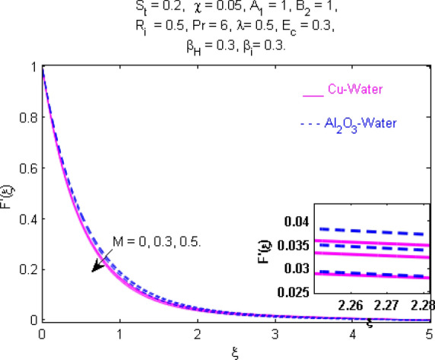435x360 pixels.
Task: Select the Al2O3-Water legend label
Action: click(359, 121)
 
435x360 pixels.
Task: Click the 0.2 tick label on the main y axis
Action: click(28, 270)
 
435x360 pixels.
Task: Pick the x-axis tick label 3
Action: click(275, 332)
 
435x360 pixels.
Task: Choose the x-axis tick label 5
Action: click(430, 332)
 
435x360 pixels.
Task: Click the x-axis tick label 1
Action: click(119, 332)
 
